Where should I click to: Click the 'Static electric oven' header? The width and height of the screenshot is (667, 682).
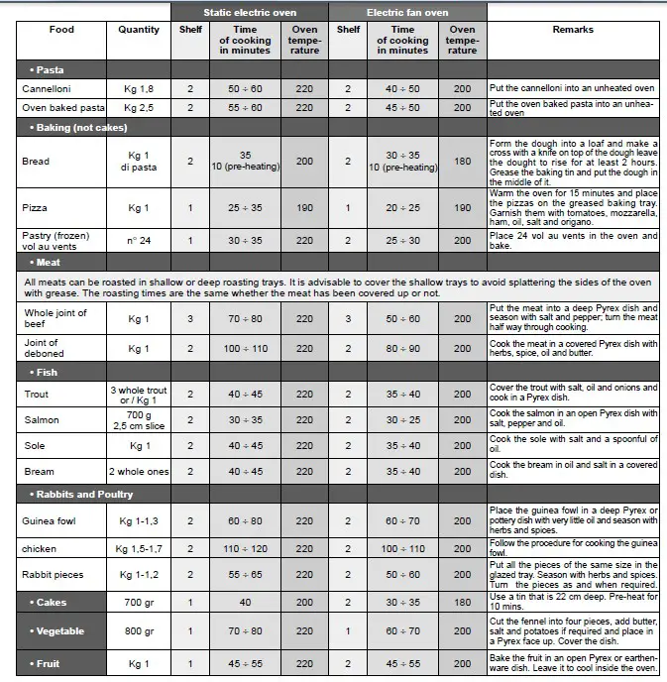[x=249, y=12]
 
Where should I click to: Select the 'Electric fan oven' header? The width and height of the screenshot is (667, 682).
[x=407, y=12]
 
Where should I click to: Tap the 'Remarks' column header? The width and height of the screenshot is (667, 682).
[x=574, y=30]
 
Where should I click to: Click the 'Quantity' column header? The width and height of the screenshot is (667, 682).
[x=139, y=30]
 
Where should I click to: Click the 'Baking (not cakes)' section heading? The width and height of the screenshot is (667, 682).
[x=80, y=128]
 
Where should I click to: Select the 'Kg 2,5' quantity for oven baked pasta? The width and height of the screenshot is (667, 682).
[x=139, y=108]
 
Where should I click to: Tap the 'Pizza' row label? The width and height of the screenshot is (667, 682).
[x=35, y=208]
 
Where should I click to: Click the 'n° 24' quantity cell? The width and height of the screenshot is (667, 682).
[x=139, y=241]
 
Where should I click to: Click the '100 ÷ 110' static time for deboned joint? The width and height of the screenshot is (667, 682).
[x=245, y=349]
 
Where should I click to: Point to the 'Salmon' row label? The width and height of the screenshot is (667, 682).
[x=41, y=420]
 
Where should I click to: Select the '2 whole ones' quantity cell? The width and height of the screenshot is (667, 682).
[x=139, y=472]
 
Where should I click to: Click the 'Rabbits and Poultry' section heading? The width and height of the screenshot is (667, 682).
[x=84, y=495]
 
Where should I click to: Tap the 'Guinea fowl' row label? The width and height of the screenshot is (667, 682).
[x=51, y=520]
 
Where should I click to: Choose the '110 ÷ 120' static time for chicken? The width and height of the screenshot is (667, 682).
[x=245, y=549]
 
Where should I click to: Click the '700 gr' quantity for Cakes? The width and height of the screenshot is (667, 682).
[x=139, y=603]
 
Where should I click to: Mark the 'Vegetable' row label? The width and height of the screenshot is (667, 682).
[x=60, y=631]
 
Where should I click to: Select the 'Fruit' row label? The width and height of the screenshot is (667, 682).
[x=50, y=664]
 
